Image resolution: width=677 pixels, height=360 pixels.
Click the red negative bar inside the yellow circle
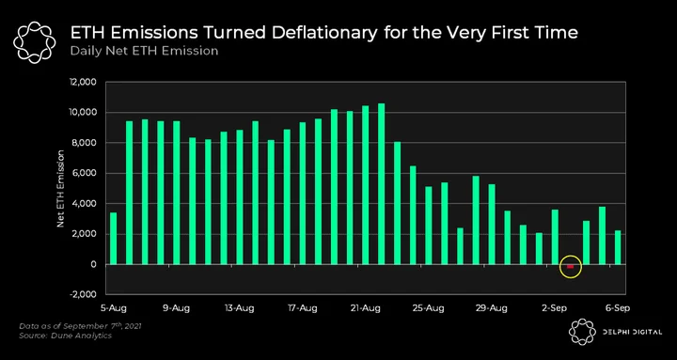[x=571, y=266]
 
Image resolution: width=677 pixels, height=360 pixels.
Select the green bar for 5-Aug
[x=114, y=238]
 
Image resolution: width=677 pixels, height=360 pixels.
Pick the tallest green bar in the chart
[x=381, y=184]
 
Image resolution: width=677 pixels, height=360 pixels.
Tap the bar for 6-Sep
[x=618, y=247]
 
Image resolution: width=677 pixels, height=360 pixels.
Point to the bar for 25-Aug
[x=429, y=226]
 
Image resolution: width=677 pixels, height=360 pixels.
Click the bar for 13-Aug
[x=240, y=197]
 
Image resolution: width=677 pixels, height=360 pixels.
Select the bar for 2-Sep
[x=555, y=237]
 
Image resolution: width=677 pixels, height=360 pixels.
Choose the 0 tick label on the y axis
[x=92, y=265]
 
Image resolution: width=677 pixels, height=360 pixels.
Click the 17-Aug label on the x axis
[x=303, y=308]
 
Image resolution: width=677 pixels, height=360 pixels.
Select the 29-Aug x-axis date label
[x=492, y=308]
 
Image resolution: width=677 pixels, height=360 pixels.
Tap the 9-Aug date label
[x=175, y=308]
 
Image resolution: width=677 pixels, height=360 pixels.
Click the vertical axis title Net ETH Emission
[x=60, y=189]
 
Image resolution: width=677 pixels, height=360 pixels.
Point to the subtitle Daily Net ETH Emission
[x=144, y=51]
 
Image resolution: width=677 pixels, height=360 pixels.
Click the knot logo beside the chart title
[x=35, y=42]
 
